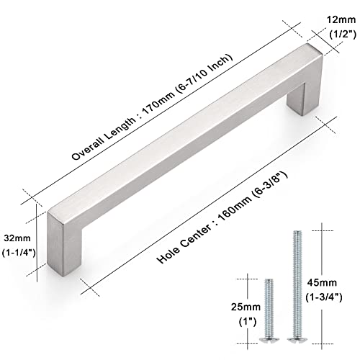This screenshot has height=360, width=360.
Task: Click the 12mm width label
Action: tap(341, 19)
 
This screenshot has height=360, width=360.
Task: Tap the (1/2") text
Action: tap(343, 35)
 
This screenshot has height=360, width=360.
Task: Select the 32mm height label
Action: tap(17, 238)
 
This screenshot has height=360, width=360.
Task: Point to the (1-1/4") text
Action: tap(19, 253)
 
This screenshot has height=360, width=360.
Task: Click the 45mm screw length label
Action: tap(322, 283)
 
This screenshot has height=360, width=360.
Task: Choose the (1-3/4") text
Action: tap(324, 298)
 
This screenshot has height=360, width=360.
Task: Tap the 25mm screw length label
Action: tap(246, 307)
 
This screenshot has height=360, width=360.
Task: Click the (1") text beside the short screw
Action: tap(248, 322)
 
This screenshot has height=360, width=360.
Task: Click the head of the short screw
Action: tap(269, 339)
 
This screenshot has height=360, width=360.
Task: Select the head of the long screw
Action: tap(297, 339)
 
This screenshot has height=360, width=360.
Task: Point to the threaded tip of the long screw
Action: tap(297, 232)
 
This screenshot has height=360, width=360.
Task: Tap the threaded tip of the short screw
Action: tap(269, 280)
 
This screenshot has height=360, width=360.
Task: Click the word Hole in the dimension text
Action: tap(168, 254)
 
